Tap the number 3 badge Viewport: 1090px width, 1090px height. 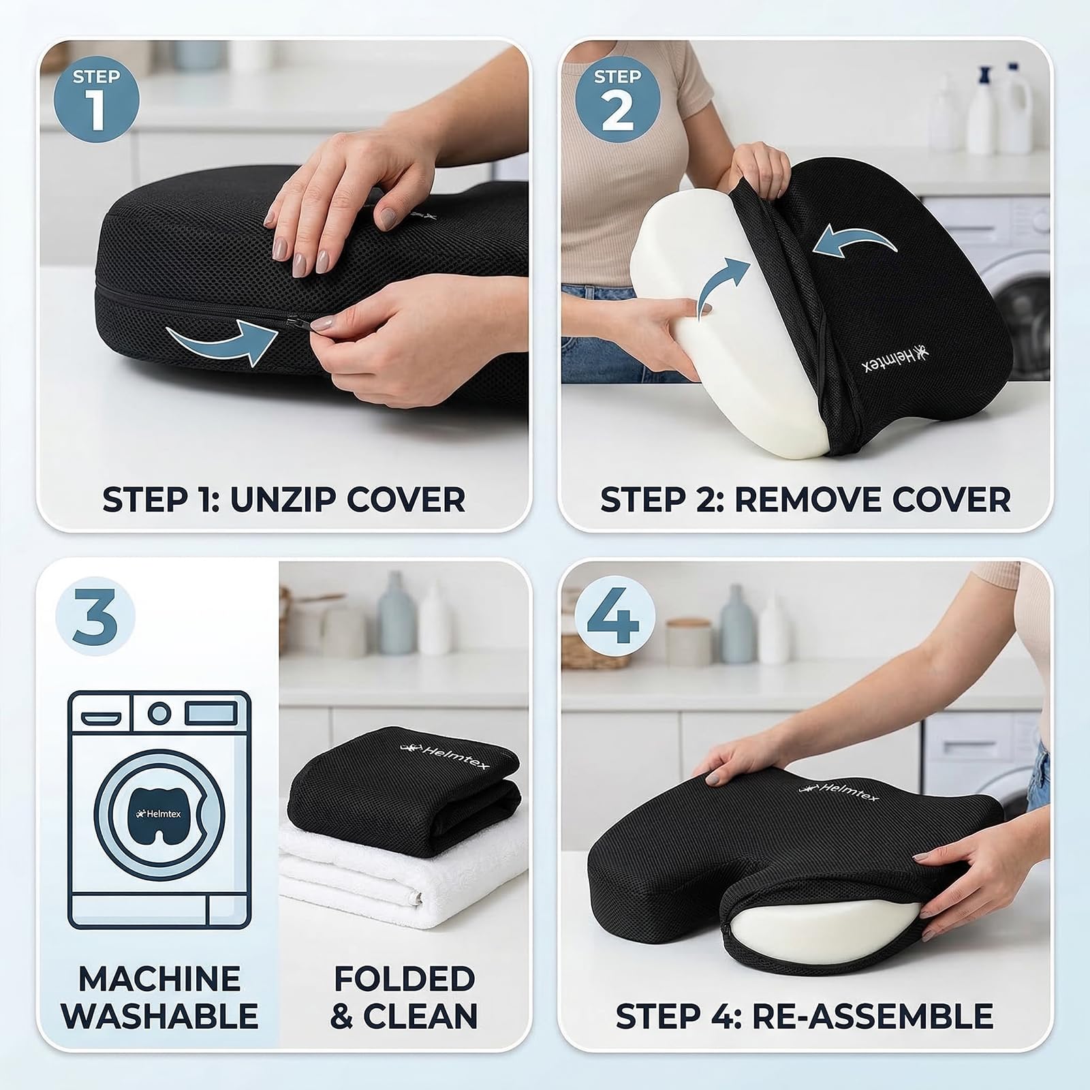[95, 614]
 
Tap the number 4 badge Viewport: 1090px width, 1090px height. [614, 614]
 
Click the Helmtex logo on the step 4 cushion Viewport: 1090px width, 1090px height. [838, 792]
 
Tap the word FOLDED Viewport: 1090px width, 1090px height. [404, 978]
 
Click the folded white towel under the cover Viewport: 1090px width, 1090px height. [402, 879]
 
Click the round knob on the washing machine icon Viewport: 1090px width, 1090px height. [159, 713]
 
